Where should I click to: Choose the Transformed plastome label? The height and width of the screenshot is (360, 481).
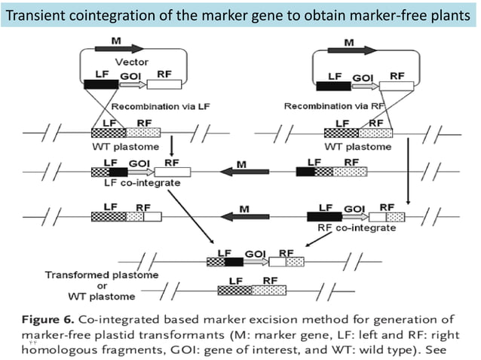click(x=102, y=275)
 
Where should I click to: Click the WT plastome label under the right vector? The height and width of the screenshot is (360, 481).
click(x=356, y=146)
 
